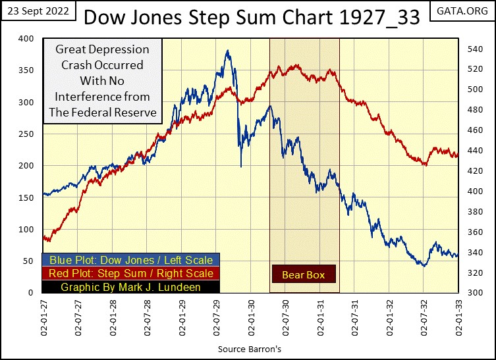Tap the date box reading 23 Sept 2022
pyautogui.click(x=37, y=11)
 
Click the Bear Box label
pyautogui.click(x=304, y=274)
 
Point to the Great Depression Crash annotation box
pyautogui.click(x=102, y=81)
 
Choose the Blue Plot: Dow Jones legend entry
pyautogui.click(x=130, y=261)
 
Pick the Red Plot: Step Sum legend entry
pyautogui.click(x=130, y=273)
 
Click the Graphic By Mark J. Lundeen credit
pyautogui.click(x=130, y=286)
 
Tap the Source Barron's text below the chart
pyautogui.click(x=250, y=348)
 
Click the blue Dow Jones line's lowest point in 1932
pyautogui.click(x=424, y=266)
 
